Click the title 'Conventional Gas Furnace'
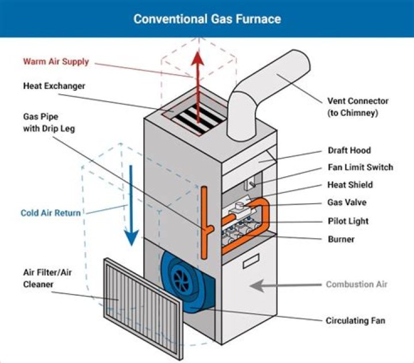click(x=207, y=18)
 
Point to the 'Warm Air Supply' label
click(x=56, y=61)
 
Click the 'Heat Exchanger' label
click(x=54, y=86)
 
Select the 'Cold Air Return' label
click(x=50, y=213)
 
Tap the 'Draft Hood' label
click(x=349, y=150)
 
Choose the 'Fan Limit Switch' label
click(x=360, y=167)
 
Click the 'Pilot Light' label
click(x=347, y=221)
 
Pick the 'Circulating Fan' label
click(x=355, y=320)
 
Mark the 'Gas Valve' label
click(x=346, y=203)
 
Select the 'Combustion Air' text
click(x=356, y=284)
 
